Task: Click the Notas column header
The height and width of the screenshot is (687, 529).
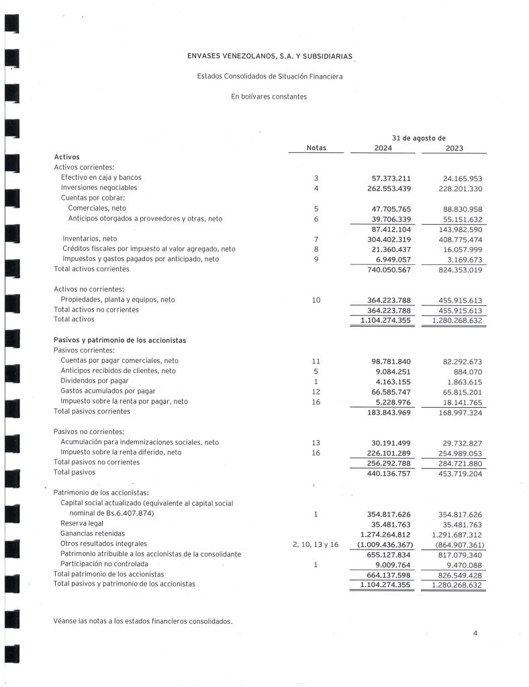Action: tap(316, 148)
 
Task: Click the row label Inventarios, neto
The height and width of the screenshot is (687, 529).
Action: tap(89, 238)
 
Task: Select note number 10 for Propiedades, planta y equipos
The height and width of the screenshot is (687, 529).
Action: tap(316, 300)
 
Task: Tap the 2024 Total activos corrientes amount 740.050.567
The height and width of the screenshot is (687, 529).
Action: tap(381, 269)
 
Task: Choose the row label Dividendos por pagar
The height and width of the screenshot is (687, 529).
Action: tap(91, 380)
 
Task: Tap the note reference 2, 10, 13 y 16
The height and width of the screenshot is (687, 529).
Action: tap(316, 544)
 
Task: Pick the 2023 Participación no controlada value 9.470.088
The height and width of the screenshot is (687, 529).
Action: tap(457, 564)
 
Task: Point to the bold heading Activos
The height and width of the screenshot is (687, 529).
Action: tap(66, 157)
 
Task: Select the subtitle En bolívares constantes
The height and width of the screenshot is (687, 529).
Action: tap(269, 97)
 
